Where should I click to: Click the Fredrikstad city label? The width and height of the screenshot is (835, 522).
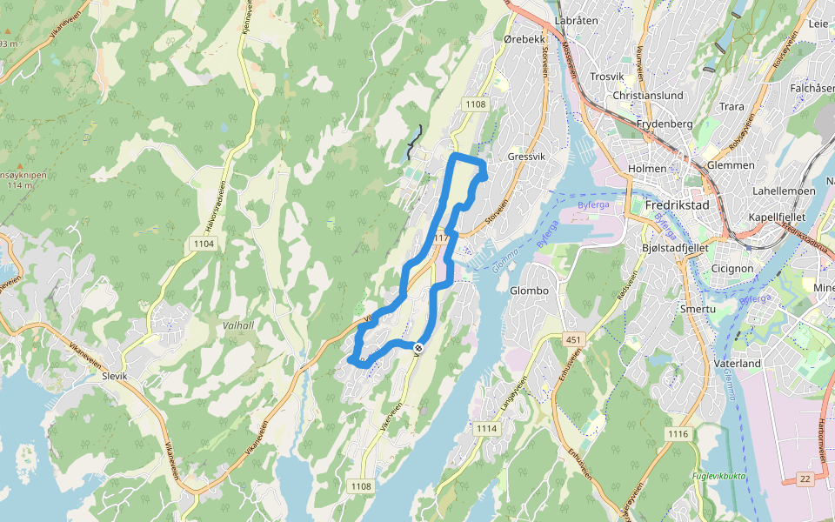(678, 205)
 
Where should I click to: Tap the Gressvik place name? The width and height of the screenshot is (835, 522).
(524, 157)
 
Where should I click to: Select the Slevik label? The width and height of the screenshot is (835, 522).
(114, 376)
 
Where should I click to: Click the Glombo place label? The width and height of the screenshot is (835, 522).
(529, 291)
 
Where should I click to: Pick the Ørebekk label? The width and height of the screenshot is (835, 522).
(524, 39)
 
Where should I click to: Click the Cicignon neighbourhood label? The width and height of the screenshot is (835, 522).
(731, 269)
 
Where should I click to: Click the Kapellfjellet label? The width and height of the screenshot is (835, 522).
(778, 217)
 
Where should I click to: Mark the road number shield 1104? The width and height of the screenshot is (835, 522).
(204, 244)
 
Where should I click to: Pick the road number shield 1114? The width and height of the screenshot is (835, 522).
(486, 428)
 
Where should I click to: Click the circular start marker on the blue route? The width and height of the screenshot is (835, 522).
(418, 349)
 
